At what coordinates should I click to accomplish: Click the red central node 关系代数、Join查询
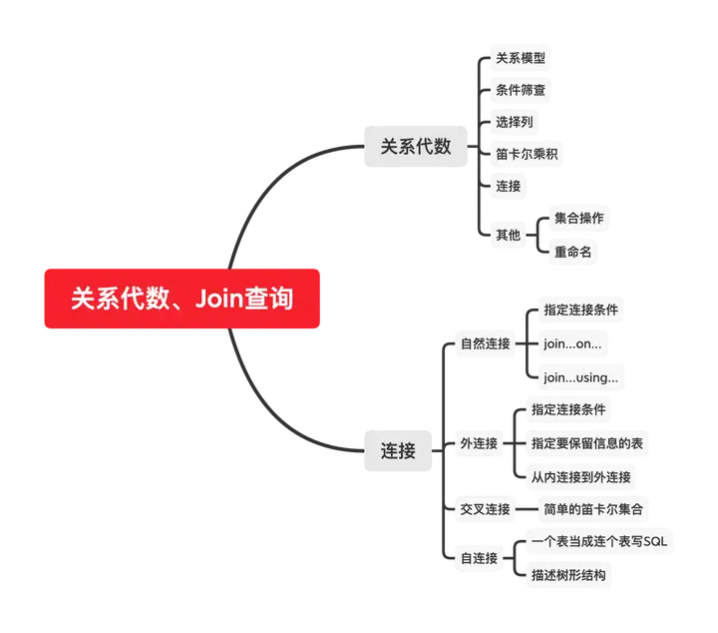(x=182, y=299)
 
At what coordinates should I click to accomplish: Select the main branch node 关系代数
(x=416, y=146)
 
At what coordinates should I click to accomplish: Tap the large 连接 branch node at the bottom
(x=399, y=450)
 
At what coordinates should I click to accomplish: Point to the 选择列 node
(x=515, y=122)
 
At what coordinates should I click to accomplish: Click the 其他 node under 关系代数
(x=509, y=235)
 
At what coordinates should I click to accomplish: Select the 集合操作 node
(x=578, y=218)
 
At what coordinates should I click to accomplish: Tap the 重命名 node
(x=572, y=252)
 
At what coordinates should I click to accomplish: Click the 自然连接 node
(x=485, y=344)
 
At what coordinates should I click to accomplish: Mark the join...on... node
(x=572, y=343)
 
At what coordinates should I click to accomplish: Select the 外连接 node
(x=479, y=442)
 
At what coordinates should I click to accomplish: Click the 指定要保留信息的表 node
(x=587, y=442)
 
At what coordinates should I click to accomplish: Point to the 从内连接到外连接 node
(x=581, y=476)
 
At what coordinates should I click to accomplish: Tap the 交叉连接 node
(x=485, y=509)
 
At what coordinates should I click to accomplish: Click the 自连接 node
(x=479, y=558)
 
